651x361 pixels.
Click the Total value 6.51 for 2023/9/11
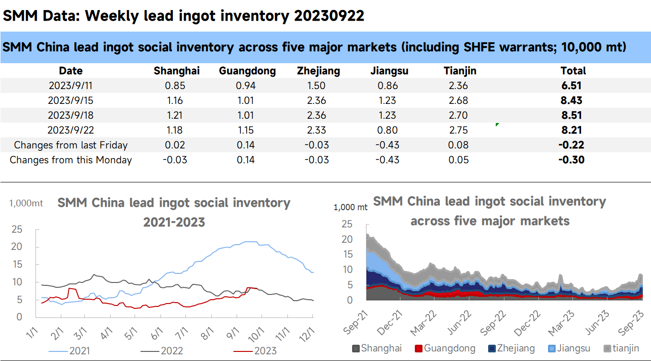point(571,86)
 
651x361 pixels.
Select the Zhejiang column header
point(318,71)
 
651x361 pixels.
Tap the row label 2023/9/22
point(70,130)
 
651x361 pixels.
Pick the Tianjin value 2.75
point(458,130)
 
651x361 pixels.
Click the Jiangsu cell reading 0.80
point(388,130)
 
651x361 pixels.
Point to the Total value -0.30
point(571,160)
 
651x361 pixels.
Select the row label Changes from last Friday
point(70,145)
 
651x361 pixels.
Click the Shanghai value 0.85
point(175,86)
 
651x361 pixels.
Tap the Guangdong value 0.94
point(246,86)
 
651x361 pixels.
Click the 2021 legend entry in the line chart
point(69,351)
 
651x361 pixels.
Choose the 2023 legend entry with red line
point(255,351)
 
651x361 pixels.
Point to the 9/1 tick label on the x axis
point(232,333)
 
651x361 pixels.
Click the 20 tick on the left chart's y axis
point(17,247)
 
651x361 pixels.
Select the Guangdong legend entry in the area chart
point(445,348)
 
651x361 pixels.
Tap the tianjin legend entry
point(621,348)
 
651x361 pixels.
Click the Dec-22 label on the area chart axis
point(527,323)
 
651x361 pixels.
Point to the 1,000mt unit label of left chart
point(26,203)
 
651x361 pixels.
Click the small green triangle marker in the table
point(497,124)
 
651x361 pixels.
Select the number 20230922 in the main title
point(329,16)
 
